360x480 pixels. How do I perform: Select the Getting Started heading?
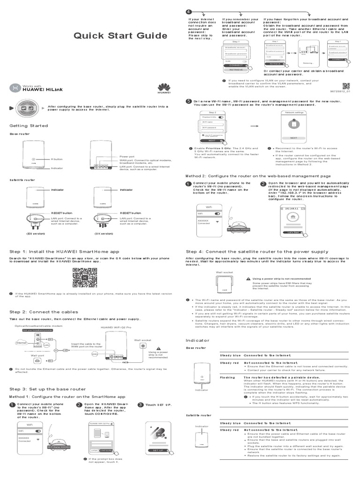pos(29,126)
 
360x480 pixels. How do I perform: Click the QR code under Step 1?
pos(84,278)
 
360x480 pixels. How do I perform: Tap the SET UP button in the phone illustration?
pos(158,450)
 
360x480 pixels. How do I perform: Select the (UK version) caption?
pos(104,233)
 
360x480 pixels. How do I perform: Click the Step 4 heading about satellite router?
pos(257,252)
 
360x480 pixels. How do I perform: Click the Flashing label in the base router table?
pos(227,377)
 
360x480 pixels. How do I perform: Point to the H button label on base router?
pos(57,159)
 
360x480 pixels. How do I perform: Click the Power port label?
pos(127,156)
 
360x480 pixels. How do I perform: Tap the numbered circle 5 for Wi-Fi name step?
pos(189,101)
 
